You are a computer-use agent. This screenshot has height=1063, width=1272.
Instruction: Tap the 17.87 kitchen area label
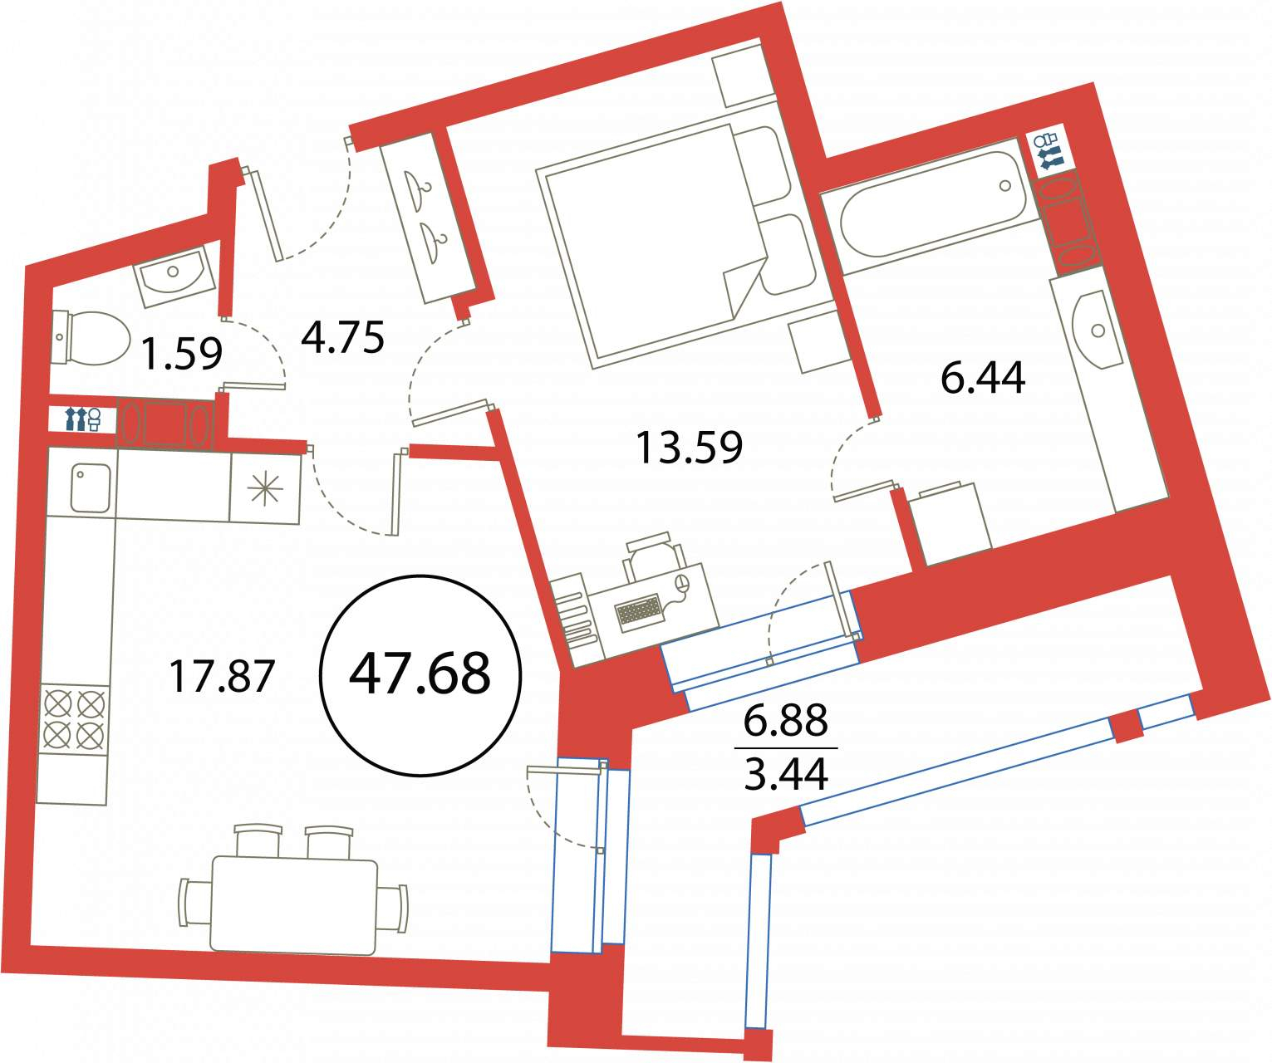coord(222,676)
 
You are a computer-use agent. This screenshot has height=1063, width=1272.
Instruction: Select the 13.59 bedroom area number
coord(689,448)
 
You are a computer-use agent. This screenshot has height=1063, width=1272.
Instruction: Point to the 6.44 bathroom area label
coord(983,378)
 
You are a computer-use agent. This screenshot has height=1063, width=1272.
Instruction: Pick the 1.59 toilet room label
coord(182,355)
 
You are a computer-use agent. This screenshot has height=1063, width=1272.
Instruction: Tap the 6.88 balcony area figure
coord(786,720)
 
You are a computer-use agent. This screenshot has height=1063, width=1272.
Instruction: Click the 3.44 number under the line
coord(786,773)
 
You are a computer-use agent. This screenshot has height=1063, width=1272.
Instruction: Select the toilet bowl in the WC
coord(91,338)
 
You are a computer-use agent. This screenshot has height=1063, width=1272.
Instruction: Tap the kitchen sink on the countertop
coord(91,487)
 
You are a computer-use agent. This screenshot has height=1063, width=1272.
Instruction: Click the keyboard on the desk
coord(639,613)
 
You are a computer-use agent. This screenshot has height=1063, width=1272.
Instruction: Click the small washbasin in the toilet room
coord(174,277)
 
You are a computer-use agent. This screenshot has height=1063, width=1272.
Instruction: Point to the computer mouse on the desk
coord(682,584)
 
